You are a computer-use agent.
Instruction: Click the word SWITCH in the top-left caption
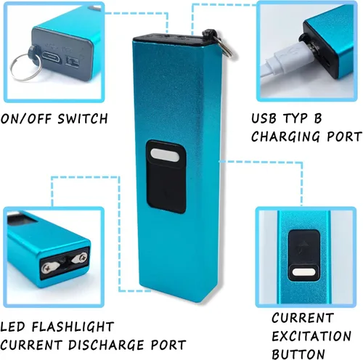click(83, 118)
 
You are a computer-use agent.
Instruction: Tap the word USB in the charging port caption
click(264, 118)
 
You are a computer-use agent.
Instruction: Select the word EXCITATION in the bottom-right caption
click(311, 336)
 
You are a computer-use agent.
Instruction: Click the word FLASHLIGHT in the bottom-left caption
click(73, 327)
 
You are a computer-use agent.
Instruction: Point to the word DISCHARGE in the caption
click(106, 345)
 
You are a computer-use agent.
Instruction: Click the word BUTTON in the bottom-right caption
click(298, 354)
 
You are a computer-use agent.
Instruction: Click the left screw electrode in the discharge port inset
click(50, 267)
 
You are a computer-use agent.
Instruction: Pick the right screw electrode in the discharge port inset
click(80, 258)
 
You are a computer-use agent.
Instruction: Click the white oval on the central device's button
click(165, 155)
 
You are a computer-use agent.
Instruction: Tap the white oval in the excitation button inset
click(304, 272)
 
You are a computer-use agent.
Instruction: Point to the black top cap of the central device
click(169, 38)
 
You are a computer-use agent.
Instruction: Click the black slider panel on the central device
click(166, 176)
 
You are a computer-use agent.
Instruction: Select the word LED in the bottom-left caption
click(12, 327)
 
